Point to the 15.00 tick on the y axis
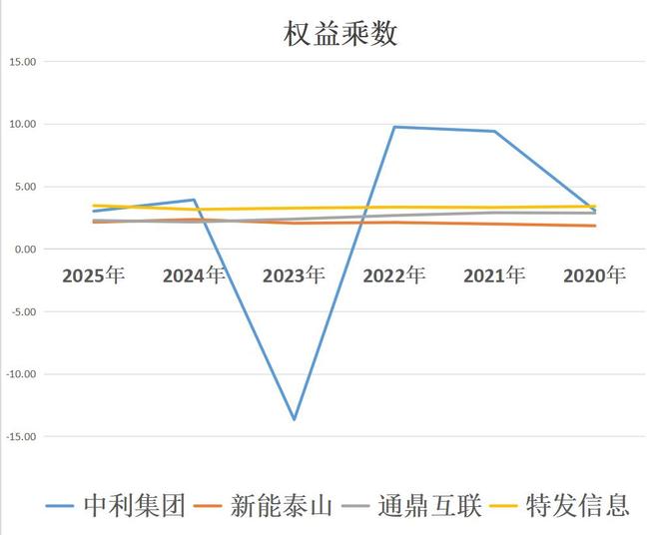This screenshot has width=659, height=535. tap(21, 62)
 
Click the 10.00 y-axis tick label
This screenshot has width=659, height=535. tap(21, 125)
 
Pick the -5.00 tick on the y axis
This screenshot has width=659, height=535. tap(22, 311)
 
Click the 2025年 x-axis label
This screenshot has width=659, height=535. tap(93, 275)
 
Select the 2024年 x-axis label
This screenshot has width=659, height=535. tap(194, 275)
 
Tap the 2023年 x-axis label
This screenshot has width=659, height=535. tap(294, 275)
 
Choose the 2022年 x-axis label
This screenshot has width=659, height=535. tap(394, 275)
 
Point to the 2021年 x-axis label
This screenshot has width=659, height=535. tap(494, 275)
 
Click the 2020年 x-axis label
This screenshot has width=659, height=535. tap(595, 275)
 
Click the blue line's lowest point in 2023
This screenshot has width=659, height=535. tap(294, 419)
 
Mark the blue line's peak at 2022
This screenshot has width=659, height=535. tap(394, 127)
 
